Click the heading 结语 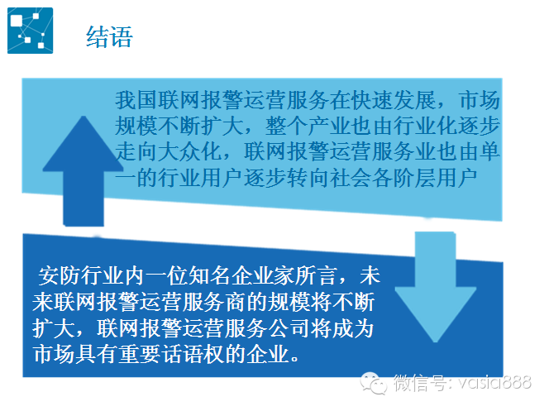point(109,36)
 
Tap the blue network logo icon point(30,31)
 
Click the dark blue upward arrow point(84,171)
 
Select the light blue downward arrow point(435,287)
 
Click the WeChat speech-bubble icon point(374,383)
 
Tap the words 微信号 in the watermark point(419,382)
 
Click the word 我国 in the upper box point(136,100)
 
